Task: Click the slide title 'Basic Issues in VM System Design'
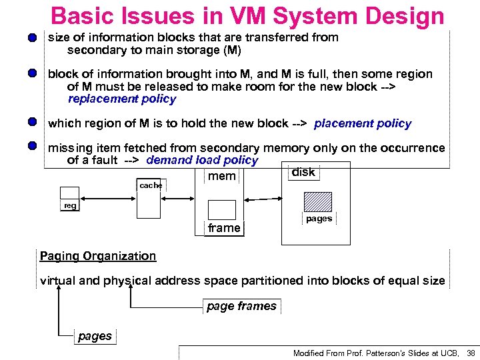247,16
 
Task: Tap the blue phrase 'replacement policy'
121,99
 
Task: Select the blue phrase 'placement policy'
363,123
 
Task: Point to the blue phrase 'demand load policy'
201,160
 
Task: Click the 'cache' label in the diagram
151,185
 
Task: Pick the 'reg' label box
70,206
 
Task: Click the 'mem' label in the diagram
222,176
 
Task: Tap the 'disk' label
303,172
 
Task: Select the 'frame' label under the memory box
224,228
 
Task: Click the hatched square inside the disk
318,201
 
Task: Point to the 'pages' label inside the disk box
319,219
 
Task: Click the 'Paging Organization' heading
98,256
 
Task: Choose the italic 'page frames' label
241,306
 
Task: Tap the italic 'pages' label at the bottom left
95,336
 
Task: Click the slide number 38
471,353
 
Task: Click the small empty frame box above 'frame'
222,210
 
